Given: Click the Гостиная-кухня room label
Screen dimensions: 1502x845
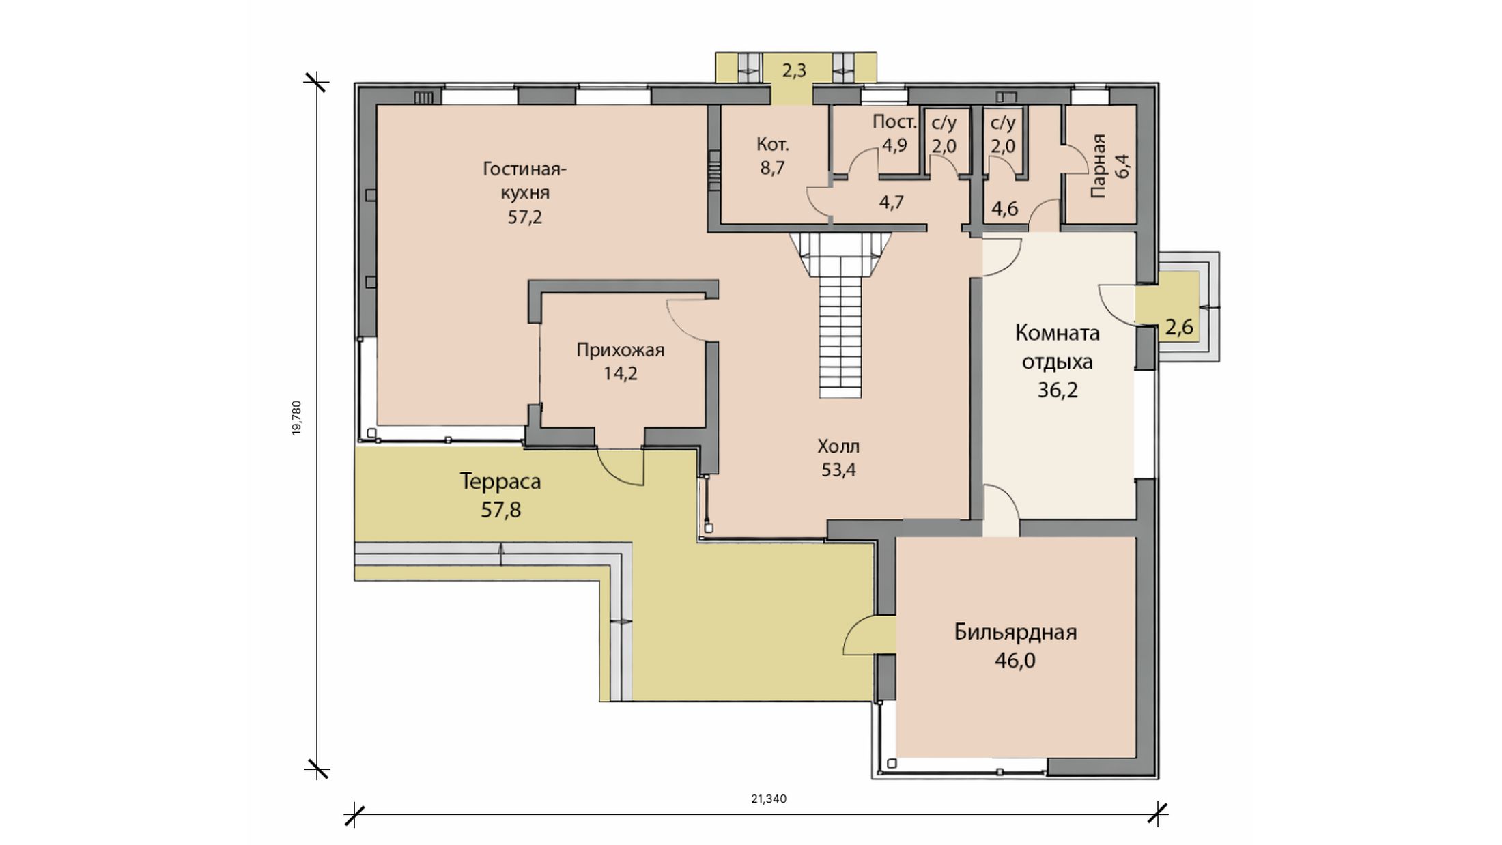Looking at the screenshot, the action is [525, 180].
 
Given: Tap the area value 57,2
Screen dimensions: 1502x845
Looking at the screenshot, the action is [525, 218].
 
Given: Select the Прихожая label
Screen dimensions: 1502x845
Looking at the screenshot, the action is [620, 351].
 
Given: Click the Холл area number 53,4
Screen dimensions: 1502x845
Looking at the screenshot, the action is [838, 470].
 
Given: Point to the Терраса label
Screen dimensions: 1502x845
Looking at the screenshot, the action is [500, 482].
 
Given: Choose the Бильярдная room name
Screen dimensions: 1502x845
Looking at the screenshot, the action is [1015, 633].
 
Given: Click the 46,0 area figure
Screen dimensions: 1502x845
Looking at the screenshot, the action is [1015, 661].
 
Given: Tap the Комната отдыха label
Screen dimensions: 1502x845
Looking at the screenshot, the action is [1057, 347].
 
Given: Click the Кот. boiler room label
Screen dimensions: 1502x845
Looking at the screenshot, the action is [773, 145].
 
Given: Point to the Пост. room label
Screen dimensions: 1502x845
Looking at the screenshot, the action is [894, 122].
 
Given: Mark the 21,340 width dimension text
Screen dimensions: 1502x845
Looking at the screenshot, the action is [769, 799].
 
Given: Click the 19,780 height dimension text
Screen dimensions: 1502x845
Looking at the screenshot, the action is [296, 418].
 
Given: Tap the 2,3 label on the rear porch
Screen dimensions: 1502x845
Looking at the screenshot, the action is [794, 71].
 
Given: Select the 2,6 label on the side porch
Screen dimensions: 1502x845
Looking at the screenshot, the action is [1179, 328].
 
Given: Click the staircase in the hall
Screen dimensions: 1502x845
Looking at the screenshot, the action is [840, 315].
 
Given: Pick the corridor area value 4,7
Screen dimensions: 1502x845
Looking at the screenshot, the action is [892, 203].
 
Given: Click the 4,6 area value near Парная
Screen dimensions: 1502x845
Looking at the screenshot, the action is [1004, 209].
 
